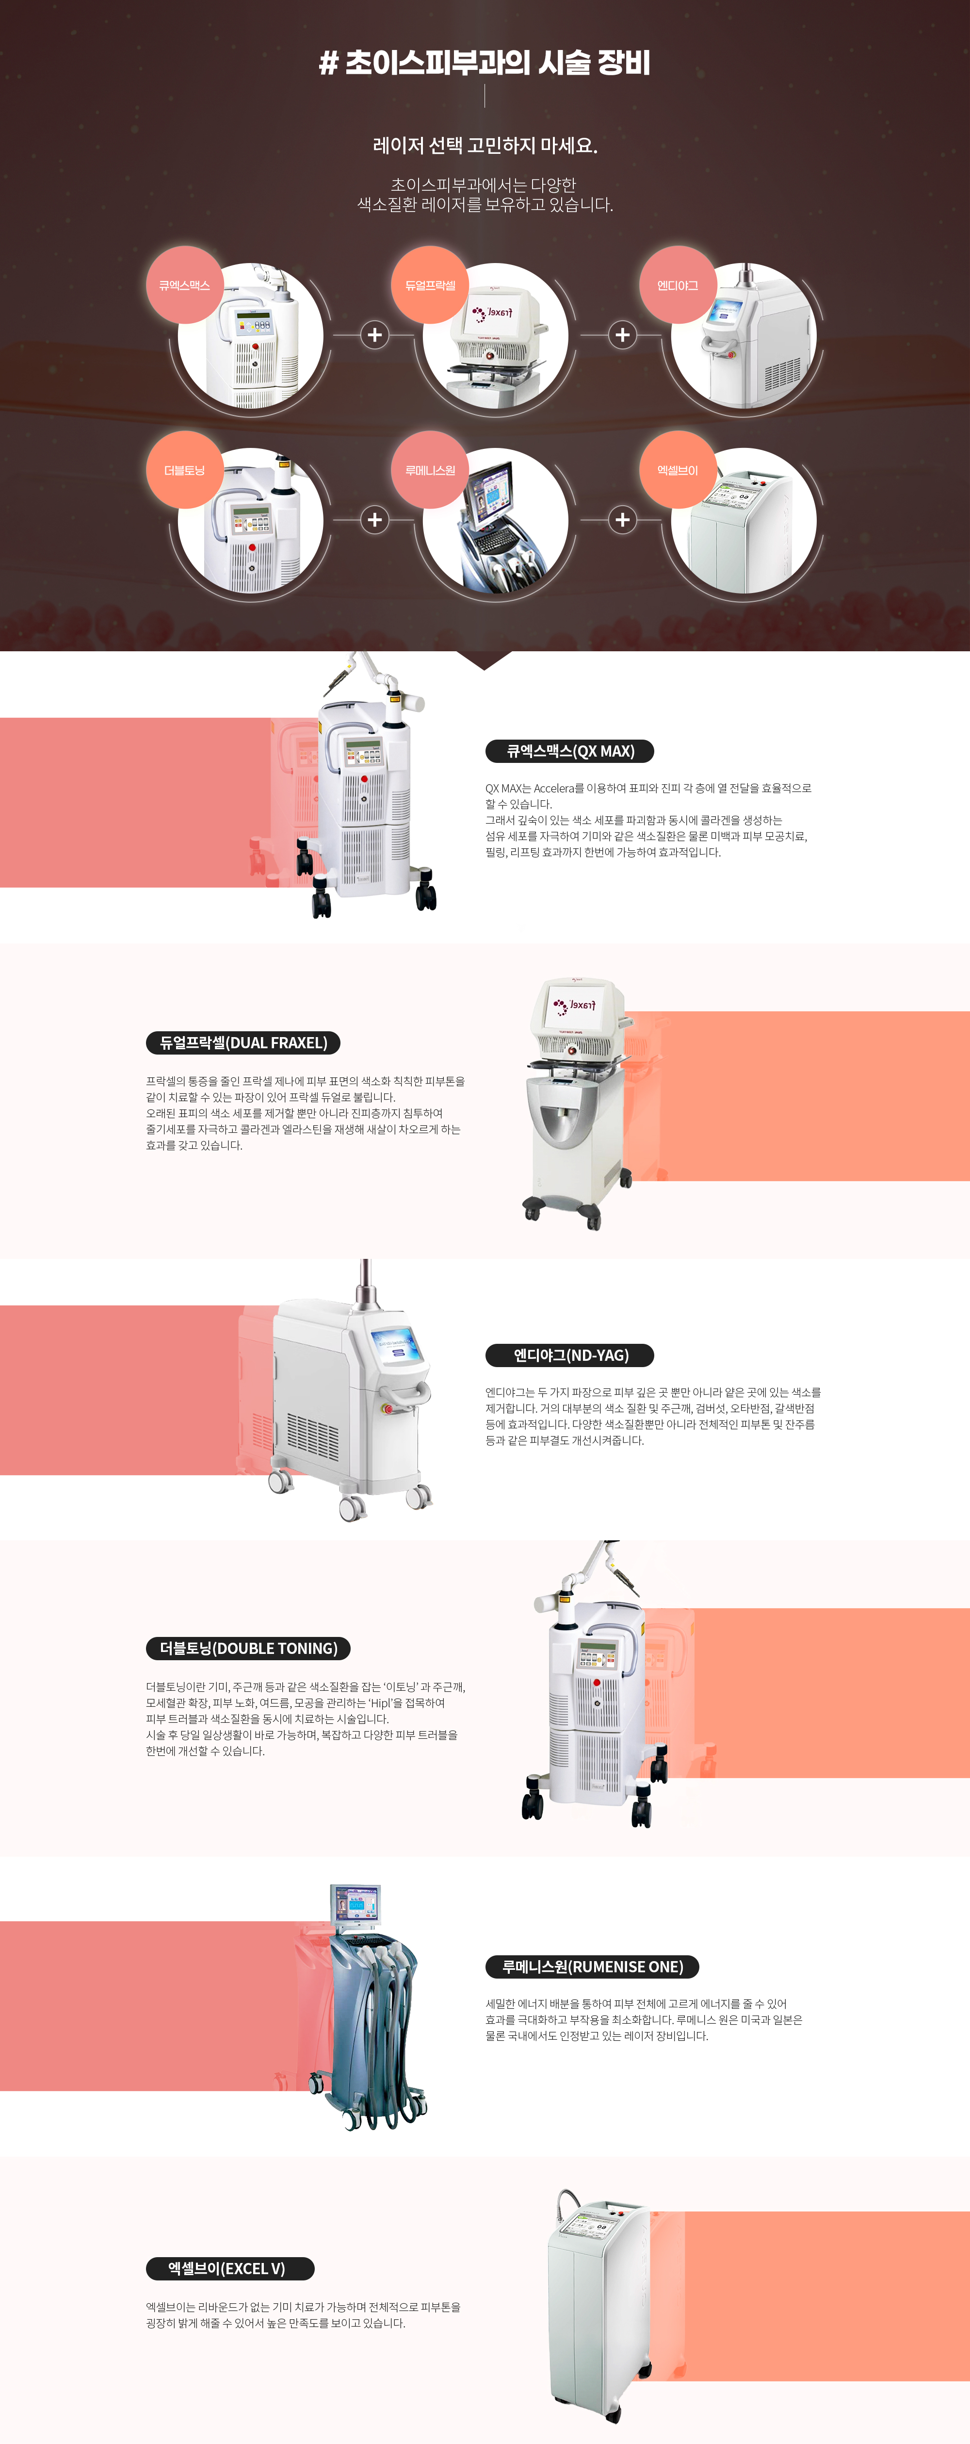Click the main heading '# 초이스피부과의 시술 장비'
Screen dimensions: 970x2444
point(485,63)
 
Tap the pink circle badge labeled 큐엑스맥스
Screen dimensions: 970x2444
point(184,284)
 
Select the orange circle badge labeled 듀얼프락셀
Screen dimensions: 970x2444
point(431,284)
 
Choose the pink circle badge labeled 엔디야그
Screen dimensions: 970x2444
point(677,284)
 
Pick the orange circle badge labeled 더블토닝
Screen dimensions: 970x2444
point(184,470)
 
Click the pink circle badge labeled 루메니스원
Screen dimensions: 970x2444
point(431,470)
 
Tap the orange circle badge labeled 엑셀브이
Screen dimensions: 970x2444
point(677,470)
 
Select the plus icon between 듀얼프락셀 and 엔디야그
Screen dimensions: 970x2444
point(622,335)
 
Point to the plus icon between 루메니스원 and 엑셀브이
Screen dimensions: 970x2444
point(622,520)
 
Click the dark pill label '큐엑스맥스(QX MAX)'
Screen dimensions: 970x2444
point(570,751)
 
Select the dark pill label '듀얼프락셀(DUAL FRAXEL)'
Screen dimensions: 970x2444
point(242,1043)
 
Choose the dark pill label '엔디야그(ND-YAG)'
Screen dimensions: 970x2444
point(570,1355)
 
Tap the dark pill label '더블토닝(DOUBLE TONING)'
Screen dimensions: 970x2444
point(248,1648)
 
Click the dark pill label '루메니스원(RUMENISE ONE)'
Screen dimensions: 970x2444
point(592,1967)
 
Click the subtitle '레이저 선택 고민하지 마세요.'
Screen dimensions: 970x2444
point(485,145)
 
